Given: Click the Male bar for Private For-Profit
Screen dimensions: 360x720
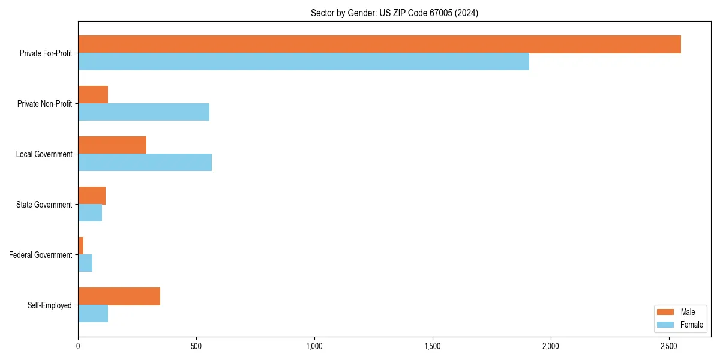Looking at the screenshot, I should click(x=379, y=44).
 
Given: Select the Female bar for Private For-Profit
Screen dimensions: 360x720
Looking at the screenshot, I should click(x=304, y=62).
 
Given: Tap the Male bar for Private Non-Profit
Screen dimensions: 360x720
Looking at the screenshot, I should click(x=93, y=95).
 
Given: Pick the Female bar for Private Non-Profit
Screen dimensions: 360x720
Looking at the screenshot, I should click(x=143, y=112).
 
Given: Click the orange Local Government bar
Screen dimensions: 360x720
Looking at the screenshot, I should click(x=112, y=145).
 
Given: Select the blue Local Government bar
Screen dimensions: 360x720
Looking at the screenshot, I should click(x=145, y=163).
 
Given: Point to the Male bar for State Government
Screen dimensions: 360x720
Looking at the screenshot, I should click(x=92, y=196).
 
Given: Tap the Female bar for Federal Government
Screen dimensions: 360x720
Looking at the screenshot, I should click(x=85, y=263).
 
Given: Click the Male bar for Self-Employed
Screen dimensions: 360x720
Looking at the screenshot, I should click(x=119, y=296).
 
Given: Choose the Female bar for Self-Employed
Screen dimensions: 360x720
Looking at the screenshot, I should click(x=93, y=314).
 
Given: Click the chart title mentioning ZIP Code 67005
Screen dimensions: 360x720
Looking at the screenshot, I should click(x=394, y=13).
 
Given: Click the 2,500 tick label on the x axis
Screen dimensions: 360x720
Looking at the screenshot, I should click(x=669, y=346).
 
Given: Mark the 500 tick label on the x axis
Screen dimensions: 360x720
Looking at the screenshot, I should click(x=196, y=346).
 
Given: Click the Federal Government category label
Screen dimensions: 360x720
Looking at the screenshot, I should click(x=41, y=255).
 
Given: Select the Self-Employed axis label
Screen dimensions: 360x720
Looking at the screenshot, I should click(x=50, y=305).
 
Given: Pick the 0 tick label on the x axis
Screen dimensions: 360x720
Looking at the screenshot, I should click(x=78, y=346).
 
